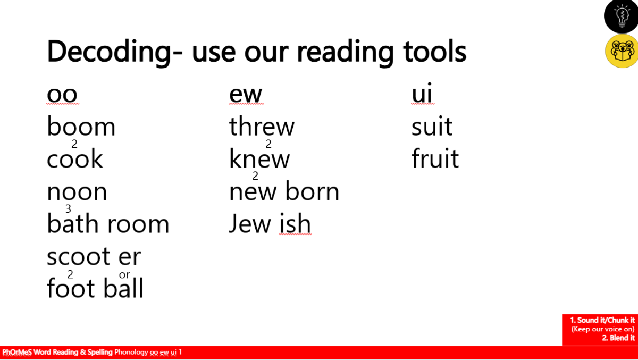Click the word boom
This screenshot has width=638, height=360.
[81, 126]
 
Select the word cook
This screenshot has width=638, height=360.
[74, 158]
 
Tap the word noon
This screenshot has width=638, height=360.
[77, 192]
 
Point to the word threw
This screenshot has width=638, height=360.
[262, 126]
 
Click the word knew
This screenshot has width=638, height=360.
[259, 158]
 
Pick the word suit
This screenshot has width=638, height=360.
[432, 126]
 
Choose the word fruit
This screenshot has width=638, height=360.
[435, 158]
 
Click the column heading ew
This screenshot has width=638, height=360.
[246, 94]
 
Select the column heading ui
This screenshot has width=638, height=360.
[422, 93]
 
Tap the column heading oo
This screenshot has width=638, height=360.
[62, 94]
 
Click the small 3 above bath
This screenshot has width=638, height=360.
[68, 209]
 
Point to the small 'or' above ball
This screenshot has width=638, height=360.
[124, 275]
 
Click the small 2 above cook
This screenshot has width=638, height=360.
[74, 144]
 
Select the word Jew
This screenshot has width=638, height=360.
[250, 223]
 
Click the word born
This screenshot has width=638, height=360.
[312, 191]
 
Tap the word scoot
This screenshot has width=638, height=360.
[78, 256]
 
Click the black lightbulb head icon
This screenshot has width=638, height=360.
[622, 16]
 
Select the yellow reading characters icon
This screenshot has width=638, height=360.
[622, 51]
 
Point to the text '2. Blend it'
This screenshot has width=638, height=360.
[618, 338]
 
